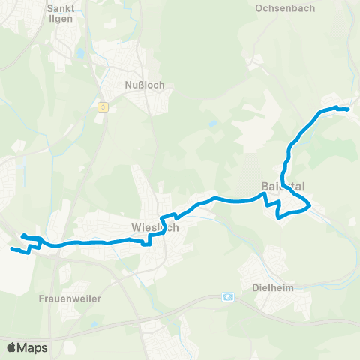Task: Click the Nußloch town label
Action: (x=146, y=85)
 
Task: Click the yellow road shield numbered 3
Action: (x=103, y=107)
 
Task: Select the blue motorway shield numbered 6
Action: (x=228, y=296)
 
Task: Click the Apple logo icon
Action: (x=11, y=347)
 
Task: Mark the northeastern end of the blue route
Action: (x=349, y=109)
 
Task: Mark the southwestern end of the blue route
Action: (x=10, y=247)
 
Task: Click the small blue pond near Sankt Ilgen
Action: (x=79, y=54)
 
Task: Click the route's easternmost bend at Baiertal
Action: (x=310, y=203)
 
